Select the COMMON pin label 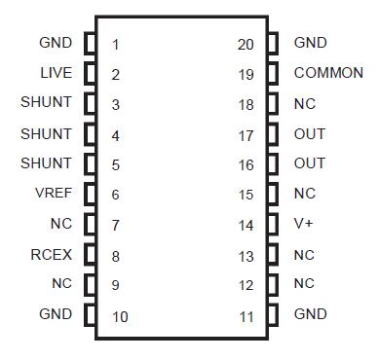click(x=328, y=73)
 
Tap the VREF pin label click(x=53, y=194)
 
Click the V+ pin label click(x=303, y=224)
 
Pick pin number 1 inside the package click(x=116, y=45)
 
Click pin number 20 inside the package click(x=246, y=44)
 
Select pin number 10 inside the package click(x=119, y=316)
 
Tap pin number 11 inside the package click(x=246, y=315)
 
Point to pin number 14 click(x=246, y=225)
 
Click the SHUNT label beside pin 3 click(x=47, y=103)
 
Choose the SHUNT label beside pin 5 click(x=47, y=163)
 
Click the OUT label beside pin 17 click(x=310, y=133)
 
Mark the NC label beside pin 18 click(x=304, y=103)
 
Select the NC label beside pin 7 click(x=61, y=224)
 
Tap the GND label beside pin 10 click(x=57, y=314)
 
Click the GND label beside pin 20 click(x=310, y=43)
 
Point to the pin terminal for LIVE click(x=90, y=74)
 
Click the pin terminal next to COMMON click(x=273, y=74)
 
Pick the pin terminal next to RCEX click(x=90, y=255)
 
